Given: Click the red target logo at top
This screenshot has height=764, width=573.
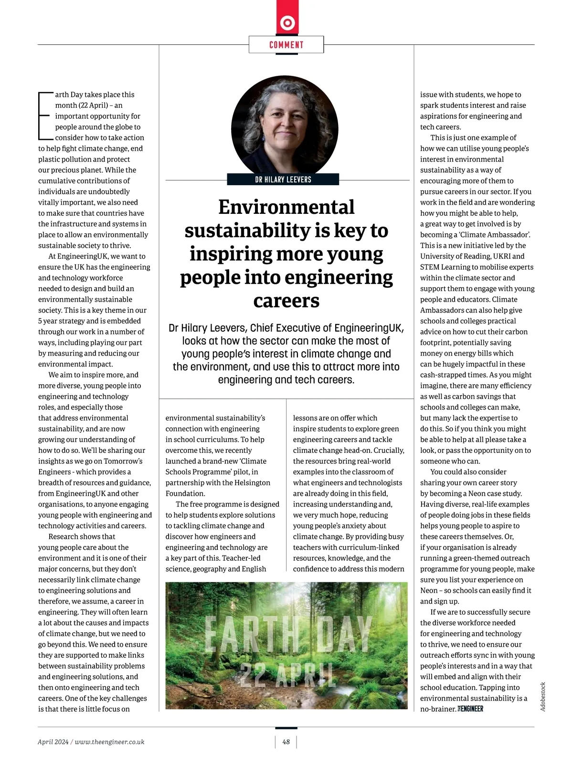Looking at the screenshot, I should click(287, 22).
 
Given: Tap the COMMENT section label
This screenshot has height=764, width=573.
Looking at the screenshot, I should click(286, 45).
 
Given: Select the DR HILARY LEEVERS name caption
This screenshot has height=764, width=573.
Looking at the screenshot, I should click(283, 179).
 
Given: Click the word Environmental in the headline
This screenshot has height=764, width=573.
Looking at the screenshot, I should click(286, 207).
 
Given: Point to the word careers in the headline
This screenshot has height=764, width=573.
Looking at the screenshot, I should click(286, 301).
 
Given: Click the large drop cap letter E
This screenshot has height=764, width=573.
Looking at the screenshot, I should click(44, 115).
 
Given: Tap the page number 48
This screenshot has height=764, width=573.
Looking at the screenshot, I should click(286, 742).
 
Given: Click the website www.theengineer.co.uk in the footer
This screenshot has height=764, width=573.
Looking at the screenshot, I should click(110, 742).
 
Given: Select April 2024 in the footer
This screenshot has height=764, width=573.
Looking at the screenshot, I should click(53, 742).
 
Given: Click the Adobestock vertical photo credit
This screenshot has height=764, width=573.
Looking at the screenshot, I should click(543, 697).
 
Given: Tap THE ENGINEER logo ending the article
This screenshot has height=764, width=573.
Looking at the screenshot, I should click(471, 709).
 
